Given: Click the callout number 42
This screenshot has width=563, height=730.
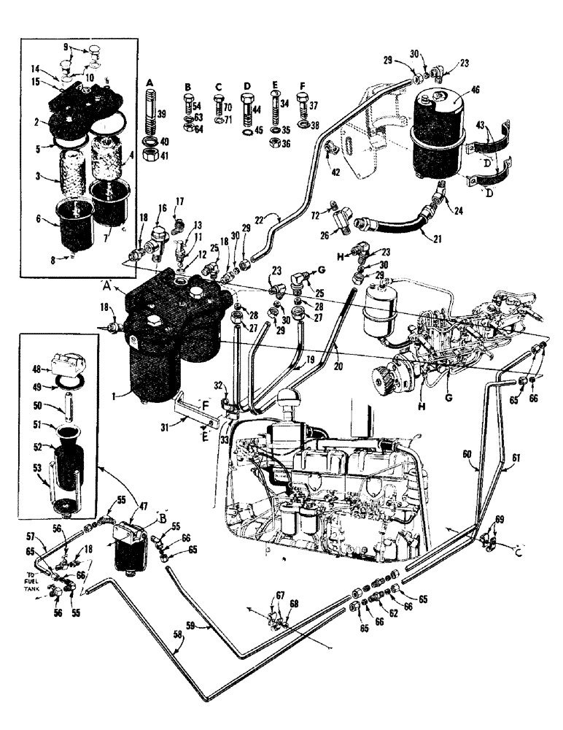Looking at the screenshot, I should tap(335, 173).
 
